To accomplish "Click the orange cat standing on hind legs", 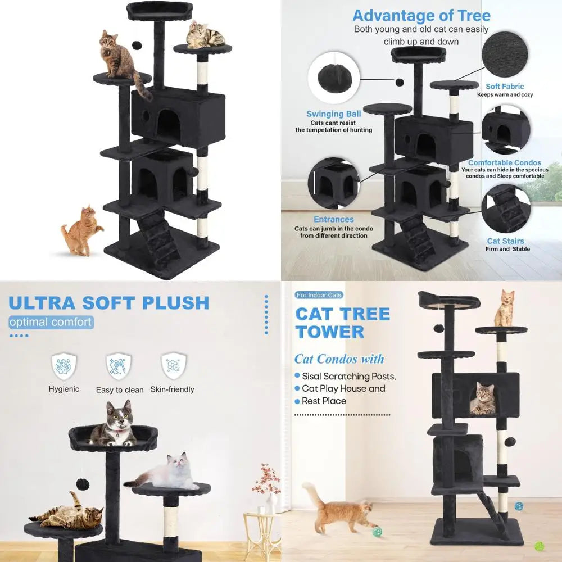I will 81,230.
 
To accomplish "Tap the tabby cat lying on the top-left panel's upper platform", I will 206,35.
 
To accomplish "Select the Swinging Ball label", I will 334,114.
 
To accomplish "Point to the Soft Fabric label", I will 505,86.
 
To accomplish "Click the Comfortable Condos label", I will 504,162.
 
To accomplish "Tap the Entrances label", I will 334,219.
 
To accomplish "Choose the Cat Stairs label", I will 506,241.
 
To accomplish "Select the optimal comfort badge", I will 51,322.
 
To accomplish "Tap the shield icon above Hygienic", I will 64,366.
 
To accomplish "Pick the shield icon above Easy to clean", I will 119,366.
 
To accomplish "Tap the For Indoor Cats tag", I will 319,295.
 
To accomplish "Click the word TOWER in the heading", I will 330,332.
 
